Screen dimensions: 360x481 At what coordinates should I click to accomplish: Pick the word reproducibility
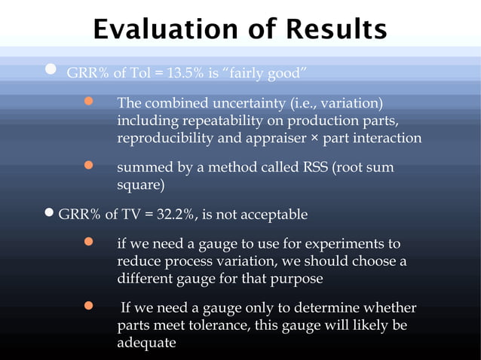[166, 139]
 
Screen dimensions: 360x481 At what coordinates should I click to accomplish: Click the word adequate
[146, 343]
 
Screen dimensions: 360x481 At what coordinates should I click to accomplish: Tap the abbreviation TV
[139, 215]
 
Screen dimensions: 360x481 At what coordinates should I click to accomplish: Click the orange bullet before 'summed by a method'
[88, 165]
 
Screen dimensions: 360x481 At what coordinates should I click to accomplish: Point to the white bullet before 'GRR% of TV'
[50, 214]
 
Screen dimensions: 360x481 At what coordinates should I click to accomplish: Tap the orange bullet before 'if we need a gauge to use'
[88, 243]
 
